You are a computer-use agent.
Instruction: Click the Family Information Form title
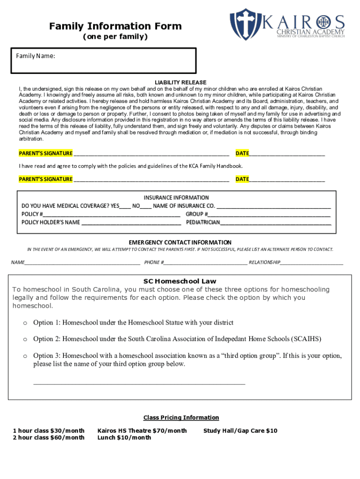point(115,26)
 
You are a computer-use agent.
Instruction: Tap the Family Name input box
point(103,61)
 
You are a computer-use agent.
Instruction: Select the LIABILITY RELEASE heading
point(180,82)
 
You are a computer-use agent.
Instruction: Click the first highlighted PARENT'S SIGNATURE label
point(45,153)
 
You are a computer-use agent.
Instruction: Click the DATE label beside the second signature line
point(242,179)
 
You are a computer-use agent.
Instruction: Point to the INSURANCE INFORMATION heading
point(176,197)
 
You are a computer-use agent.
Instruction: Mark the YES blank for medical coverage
point(125,206)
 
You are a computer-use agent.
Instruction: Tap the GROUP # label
point(197,214)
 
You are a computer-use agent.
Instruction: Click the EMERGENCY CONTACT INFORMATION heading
point(180,242)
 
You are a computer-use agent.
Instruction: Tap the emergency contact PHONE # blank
point(206,263)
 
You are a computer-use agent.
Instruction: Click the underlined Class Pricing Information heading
point(181,417)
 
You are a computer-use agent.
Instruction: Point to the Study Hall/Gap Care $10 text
point(240,430)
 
